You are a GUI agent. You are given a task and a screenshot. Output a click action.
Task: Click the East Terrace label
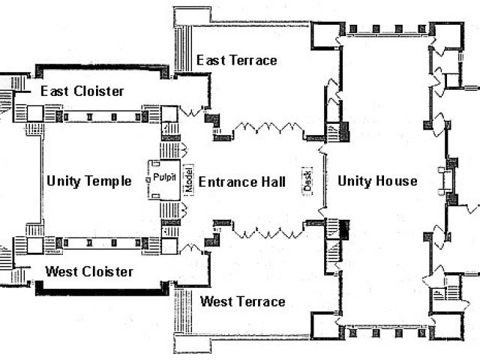[236, 60]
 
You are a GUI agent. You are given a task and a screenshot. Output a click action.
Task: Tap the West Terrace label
[243, 301]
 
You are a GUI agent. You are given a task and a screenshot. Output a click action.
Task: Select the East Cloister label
[82, 91]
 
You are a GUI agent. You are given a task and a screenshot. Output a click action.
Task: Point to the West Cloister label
[89, 271]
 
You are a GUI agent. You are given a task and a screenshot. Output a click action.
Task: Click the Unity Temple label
[88, 181]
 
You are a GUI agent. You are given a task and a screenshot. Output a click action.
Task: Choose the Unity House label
[377, 181]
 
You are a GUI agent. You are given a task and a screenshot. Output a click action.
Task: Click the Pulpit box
[164, 178]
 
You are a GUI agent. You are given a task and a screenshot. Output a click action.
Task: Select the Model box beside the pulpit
[188, 180]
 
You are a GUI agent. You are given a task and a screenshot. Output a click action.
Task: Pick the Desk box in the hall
[306, 181]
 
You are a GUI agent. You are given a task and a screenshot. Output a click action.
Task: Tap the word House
[397, 181]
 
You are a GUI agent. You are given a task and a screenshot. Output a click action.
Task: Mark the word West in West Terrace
[217, 301]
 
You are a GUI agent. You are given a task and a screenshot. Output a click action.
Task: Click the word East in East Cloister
[55, 91]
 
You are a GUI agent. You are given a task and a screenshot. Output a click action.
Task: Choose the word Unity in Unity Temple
[64, 181]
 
